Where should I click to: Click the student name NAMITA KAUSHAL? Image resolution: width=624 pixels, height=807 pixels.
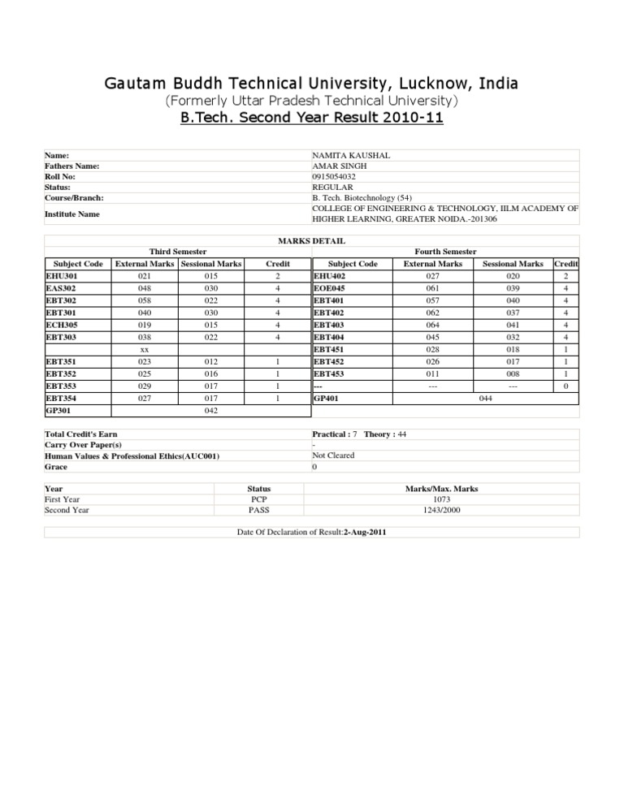coord(351,154)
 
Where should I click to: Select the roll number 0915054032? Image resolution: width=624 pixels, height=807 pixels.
coord(340,175)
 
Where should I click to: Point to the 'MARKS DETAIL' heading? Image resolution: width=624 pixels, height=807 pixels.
coord(310,241)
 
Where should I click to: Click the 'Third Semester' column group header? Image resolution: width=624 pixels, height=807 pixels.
coord(178,252)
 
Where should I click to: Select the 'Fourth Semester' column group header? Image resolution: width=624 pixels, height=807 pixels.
coord(446,252)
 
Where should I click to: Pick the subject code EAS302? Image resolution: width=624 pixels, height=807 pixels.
coord(63,288)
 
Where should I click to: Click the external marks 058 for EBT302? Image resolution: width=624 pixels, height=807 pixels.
coord(143,300)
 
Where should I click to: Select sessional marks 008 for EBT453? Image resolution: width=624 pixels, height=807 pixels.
coord(513,373)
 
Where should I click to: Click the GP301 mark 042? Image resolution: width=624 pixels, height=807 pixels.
coord(211,411)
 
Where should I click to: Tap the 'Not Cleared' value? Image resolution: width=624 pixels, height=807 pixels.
coord(333,455)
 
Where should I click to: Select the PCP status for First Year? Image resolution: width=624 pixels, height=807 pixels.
coord(258,499)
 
